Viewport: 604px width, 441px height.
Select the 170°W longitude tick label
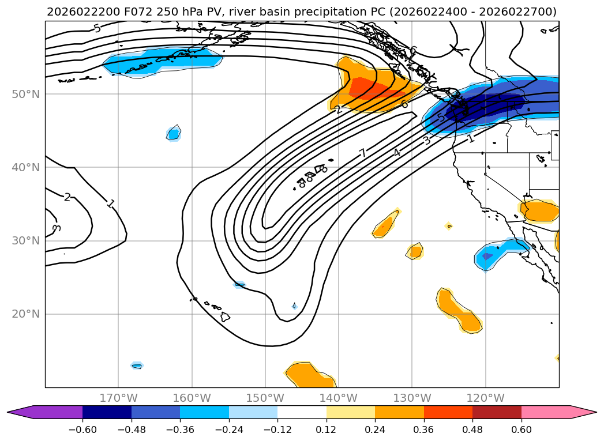[x=118, y=398]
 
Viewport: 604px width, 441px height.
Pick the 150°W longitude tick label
[x=265, y=398]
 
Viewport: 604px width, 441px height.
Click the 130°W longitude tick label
[x=412, y=398]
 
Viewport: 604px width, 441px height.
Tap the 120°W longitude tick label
[x=485, y=398]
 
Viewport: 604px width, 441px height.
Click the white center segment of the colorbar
[x=302, y=412]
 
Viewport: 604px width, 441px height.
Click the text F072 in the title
[x=123, y=12]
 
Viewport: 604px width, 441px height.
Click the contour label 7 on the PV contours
[x=362, y=153]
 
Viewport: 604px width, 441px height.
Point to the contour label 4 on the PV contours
[x=397, y=152]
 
